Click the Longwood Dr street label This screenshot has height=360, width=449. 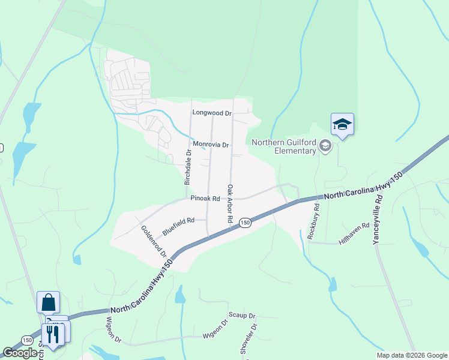pos(211,112)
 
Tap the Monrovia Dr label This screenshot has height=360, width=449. pos(211,145)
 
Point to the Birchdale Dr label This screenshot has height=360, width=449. pos(188,167)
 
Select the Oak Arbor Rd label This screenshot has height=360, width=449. pos(229,204)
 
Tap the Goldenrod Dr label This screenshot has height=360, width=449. pos(154,242)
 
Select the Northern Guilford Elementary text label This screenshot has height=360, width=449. pos(283,146)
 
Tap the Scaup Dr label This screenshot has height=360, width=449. pos(242,315)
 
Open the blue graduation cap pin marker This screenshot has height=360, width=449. pos(342,124)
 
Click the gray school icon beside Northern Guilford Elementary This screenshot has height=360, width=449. pos(325,145)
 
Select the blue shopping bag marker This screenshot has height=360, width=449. pos(48,301)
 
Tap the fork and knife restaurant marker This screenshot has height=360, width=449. pos(53,333)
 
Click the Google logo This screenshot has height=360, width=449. pos(20,353)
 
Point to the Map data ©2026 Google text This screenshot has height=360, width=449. pos(411,355)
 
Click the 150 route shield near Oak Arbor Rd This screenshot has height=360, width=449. pos(245,223)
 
